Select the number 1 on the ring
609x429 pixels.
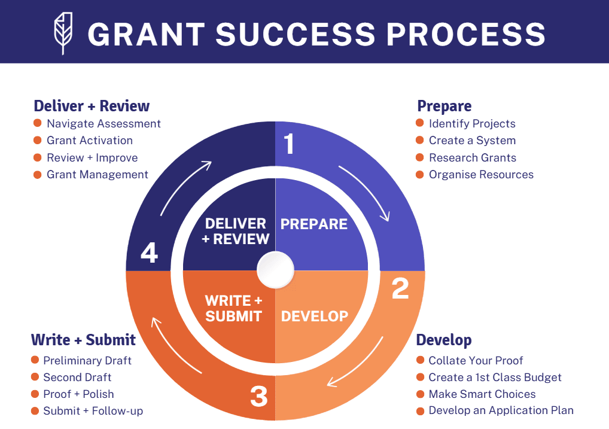[290, 144]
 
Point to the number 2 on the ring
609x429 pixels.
[400, 288]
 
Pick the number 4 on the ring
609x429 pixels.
[149, 253]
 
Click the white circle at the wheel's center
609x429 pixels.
[275, 270]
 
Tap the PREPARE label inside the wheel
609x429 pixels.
[314, 224]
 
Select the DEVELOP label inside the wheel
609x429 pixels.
[315, 316]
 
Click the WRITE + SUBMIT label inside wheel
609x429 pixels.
[234, 308]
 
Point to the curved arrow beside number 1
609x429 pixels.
[366, 193]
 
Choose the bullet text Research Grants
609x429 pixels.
[472, 158]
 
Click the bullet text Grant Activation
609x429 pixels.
[90, 141]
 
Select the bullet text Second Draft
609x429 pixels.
[77, 378]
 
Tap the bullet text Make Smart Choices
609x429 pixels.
[482, 394]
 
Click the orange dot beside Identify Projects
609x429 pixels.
[420, 123]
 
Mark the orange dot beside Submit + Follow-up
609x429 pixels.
[35, 410]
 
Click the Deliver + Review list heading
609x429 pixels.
[92, 107]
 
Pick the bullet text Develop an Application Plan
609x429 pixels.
[501, 411]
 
